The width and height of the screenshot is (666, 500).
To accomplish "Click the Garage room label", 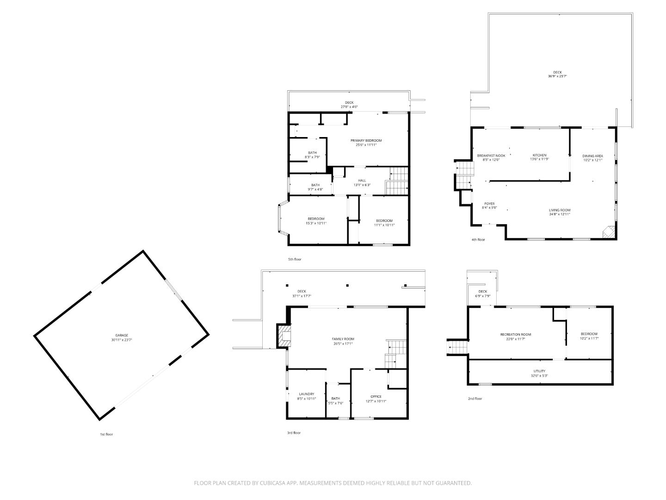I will (x=122, y=335).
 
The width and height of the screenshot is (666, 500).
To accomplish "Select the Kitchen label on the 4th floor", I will (x=539, y=155).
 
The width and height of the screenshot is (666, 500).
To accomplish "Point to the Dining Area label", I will (x=592, y=156).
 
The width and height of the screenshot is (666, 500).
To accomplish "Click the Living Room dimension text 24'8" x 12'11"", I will (x=560, y=214).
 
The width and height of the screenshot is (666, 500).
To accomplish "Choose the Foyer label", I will (x=489, y=204).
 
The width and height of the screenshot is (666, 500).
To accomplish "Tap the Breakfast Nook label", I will (x=491, y=156).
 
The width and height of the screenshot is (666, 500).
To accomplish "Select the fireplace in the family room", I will (x=284, y=336).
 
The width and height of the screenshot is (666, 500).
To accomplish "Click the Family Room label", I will (x=343, y=339).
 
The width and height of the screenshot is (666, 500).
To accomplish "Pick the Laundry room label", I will (x=306, y=394).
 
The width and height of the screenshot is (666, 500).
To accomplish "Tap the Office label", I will (x=376, y=396).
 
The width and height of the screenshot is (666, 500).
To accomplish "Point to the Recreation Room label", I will (x=516, y=334).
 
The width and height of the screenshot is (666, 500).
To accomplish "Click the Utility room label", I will (x=539, y=371).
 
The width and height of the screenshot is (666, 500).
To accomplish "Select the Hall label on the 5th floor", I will (x=362, y=181).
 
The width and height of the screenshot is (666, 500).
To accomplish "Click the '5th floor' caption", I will (x=295, y=259).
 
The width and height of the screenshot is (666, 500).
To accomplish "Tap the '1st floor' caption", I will (x=106, y=434).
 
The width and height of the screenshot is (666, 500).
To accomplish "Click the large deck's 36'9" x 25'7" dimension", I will (x=557, y=76).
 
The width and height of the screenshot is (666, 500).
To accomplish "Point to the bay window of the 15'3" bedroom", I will (x=279, y=219).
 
